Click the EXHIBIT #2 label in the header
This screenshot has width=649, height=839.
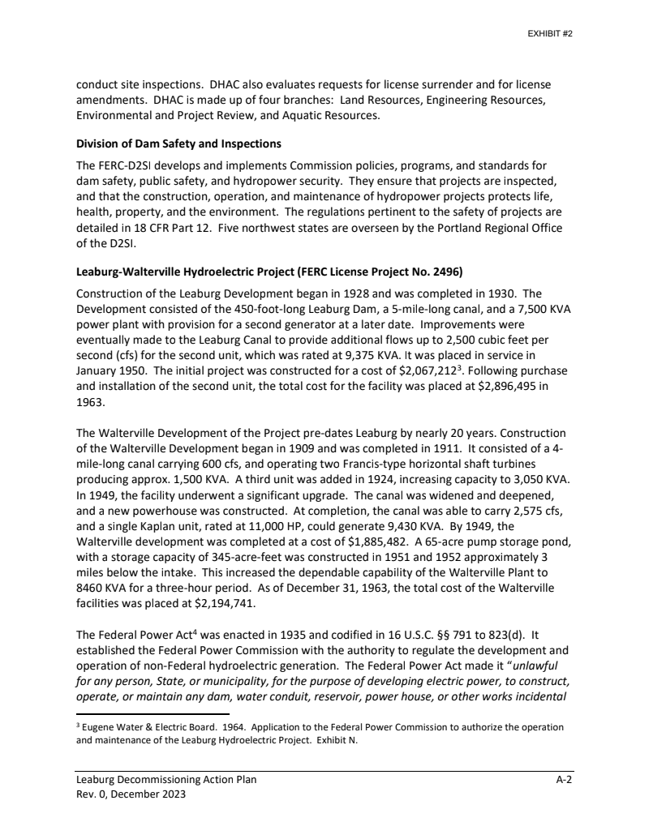pyautogui.click(x=552, y=35)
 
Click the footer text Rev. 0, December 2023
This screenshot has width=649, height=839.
pyautogui.click(x=131, y=794)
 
